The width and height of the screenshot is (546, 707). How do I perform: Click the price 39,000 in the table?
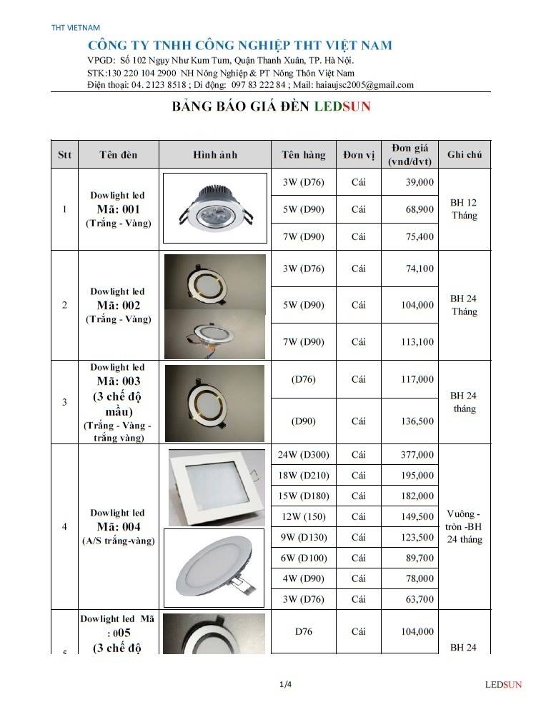(x=420, y=182)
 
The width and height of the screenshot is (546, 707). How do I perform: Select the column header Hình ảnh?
(x=215, y=154)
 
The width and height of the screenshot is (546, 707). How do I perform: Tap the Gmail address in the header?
(x=364, y=84)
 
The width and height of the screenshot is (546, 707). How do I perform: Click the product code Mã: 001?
(x=118, y=209)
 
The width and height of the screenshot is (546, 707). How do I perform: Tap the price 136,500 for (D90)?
(x=418, y=421)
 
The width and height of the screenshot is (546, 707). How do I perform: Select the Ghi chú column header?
(x=464, y=154)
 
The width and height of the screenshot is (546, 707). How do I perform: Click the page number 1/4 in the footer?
(x=285, y=685)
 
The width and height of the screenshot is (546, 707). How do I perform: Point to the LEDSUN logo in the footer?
(x=503, y=685)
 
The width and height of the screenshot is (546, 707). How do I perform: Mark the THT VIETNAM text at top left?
(x=76, y=28)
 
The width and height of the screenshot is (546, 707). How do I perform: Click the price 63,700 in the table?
(x=420, y=599)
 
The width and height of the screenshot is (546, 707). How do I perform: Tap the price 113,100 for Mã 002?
(x=418, y=342)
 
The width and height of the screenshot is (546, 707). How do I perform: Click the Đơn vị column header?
(x=359, y=154)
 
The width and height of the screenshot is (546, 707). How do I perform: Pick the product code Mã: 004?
(x=118, y=527)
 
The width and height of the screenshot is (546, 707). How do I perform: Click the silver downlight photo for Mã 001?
(x=215, y=209)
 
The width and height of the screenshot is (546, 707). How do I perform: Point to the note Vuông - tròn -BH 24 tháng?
(x=464, y=527)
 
